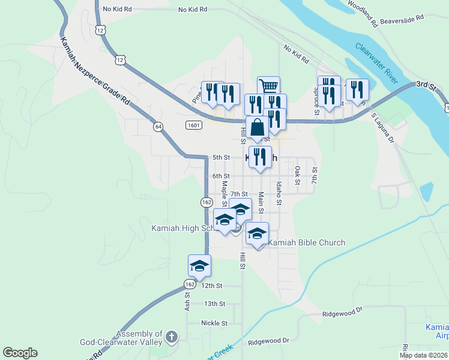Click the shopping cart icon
[x=268, y=86]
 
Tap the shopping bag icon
[x=258, y=127]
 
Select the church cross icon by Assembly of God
[x=172, y=337]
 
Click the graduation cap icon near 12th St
[x=199, y=265]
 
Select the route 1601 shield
[x=193, y=125]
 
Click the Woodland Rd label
[x=362, y=13]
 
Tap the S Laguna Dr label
[x=382, y=127]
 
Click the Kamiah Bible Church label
[x=307, y=242]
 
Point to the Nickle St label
[x=214, y=323]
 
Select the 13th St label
[x=214, y=304]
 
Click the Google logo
[x=20, y=353]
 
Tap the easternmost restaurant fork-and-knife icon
[x=357, y=90]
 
